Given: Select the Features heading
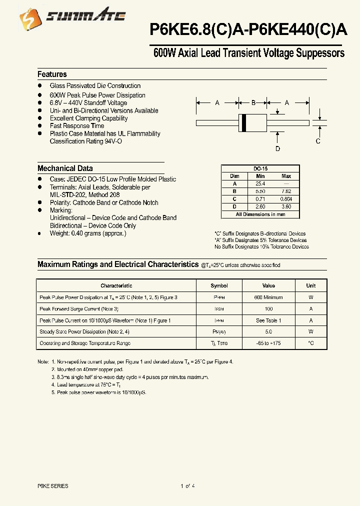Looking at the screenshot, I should (52, 74).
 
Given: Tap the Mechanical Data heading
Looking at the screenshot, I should (65, 168).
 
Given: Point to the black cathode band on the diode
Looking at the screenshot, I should (244, 122).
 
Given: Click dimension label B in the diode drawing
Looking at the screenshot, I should (253, 103).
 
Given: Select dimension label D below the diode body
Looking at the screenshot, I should (277, 148).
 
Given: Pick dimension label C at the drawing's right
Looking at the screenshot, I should (318, 141).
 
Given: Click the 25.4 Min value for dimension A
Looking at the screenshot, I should (260, 183).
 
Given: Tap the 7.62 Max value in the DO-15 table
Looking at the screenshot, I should (286, 191).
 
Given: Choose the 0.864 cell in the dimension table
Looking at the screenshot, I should (286, 199).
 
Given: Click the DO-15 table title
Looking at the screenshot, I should (260, 169).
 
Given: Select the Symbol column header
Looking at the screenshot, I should (219, 286).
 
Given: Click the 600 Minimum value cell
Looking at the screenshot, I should (268, 297).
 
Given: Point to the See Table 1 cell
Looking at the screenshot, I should (268, 320).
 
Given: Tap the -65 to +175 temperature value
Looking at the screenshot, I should (268, 343).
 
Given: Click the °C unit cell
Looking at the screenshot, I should (311, 343).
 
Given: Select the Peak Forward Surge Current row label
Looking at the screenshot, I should (78, 309).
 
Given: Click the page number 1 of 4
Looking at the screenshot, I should (187, 486).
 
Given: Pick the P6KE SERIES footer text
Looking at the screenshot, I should (53, 486).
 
